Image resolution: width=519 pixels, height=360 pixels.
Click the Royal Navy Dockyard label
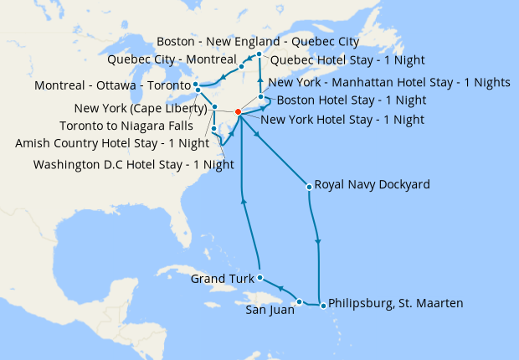click(372, 185)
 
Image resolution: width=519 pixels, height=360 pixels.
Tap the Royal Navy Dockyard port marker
click(309, 186)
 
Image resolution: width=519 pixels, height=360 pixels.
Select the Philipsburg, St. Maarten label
click(396, 303)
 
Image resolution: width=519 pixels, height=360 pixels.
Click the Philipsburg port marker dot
click(323, 306)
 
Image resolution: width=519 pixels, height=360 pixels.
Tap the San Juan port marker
click(300, 301)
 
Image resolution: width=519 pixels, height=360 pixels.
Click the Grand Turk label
click(222, 278)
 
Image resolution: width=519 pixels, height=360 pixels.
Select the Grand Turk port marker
click(260, 277)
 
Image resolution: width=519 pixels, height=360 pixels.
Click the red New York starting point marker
click(239, 112)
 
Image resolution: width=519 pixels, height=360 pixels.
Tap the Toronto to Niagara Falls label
click(130, 126)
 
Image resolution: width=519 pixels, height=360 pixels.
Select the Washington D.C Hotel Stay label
click(133, 164)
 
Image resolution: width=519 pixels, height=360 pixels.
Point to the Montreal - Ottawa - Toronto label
click(112, 86)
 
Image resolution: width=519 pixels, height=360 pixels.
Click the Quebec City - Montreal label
click(172, 59)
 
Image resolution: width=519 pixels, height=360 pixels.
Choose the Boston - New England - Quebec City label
click(258, 41)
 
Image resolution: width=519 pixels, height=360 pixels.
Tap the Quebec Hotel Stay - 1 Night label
click(347, 60)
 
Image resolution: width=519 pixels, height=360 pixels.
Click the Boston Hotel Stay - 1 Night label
click(351, 100)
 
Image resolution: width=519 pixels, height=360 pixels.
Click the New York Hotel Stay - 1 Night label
click(342, 120)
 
